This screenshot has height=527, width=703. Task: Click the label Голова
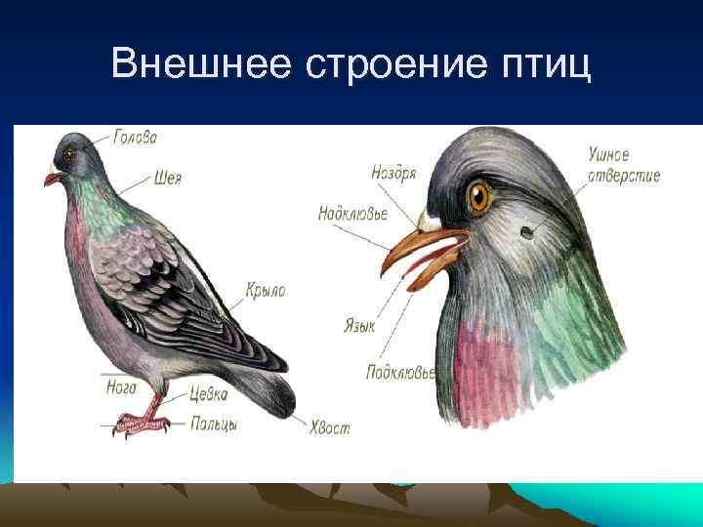click(x=135, y=139)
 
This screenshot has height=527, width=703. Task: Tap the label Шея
click(x=168, y=179)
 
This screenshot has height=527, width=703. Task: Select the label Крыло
click(x=266, y=290)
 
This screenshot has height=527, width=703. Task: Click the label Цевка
click(x=209, y=394)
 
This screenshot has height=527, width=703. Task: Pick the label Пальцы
click(x=214, y=424)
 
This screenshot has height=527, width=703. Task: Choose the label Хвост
click(x=329, y=427)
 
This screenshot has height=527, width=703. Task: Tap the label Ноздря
click(x=394, y=173)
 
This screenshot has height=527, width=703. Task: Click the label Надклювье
click(x=353, y=214)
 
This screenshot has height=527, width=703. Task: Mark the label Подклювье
click(x=401, y=372)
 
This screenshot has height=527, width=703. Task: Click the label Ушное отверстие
click(x=624, y=165)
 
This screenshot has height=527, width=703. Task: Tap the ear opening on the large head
click(x=525, y=232)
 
